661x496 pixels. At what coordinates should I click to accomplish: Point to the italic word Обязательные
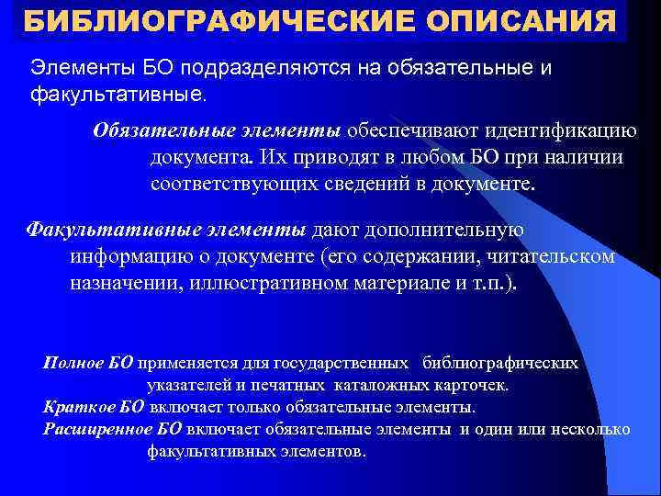tap(152, 130)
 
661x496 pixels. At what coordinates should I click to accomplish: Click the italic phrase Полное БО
tap(87, 363)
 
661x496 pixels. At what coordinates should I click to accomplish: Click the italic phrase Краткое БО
tap(93, 407)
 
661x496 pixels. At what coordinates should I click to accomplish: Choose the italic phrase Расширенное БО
tap(112, 429)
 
